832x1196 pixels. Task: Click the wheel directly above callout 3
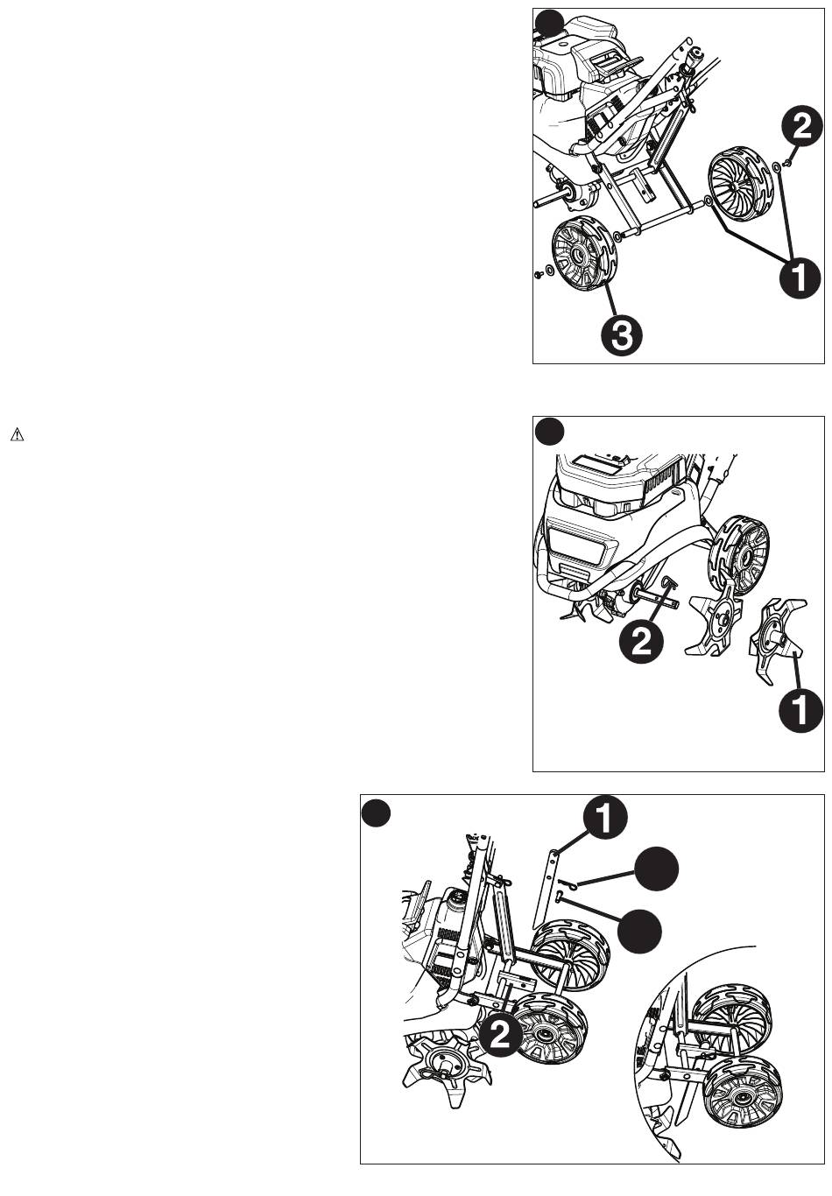coord(581,257)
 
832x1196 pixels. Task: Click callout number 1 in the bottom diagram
coord(605,817)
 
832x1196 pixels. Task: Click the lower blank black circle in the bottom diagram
coord(644,932)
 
